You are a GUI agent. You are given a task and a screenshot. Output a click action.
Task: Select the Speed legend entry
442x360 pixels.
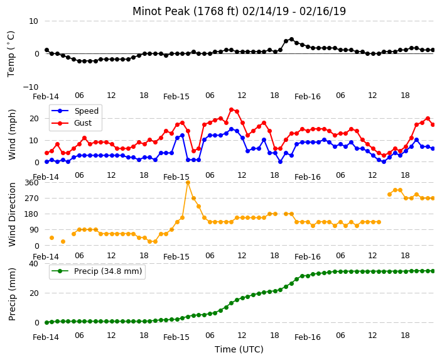[x=75, y=111]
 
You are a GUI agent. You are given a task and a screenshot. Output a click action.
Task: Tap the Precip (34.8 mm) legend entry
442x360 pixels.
[x=97, y=271]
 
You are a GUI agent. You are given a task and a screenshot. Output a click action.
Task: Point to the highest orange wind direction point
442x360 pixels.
[x=188, y=183]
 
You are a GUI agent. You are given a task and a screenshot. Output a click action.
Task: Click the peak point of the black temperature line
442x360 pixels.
[x=291, y=40]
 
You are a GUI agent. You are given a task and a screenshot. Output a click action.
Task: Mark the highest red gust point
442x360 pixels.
[x=232, y=109]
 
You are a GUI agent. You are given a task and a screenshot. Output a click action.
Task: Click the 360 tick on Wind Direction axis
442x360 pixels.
[x=31, y=183]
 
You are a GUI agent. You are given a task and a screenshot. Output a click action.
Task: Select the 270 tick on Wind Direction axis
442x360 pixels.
[x=31, y=199]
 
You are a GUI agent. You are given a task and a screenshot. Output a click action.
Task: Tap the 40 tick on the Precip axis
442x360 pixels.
[x=33, y=263]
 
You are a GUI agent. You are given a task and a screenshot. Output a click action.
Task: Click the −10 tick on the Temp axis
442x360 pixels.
[x=30, y=87]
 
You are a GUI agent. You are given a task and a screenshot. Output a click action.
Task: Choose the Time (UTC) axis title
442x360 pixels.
[x=239, y=349]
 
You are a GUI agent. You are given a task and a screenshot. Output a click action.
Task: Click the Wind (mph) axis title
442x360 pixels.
[x=12, y=134]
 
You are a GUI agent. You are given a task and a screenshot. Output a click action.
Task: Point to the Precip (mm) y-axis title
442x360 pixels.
[x=12, y=294]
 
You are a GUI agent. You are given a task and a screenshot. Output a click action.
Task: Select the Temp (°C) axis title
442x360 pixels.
[x=11, y=54]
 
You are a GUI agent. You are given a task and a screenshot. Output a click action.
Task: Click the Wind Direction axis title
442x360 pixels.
[x=12, y=214]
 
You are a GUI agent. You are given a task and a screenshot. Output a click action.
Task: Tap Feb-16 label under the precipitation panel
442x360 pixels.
[x=308, y=337]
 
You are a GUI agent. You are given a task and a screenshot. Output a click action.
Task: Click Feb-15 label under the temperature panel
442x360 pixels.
[x=176, y=97]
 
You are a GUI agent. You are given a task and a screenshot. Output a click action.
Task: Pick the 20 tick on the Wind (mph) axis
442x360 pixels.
[x=34, y=119]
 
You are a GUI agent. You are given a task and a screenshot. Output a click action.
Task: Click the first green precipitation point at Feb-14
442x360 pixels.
[x=47, y=322]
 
